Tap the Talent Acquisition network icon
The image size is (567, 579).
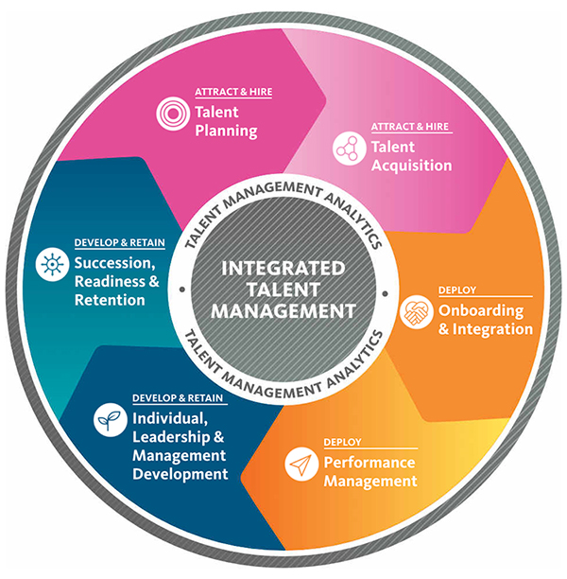pos(349,148)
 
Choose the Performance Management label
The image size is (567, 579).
pos(369,472)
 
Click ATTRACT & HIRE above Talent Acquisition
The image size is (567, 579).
pos(411,128)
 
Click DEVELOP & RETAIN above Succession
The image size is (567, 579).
pos(119,242)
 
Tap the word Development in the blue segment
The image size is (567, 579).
pos(180,473)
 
